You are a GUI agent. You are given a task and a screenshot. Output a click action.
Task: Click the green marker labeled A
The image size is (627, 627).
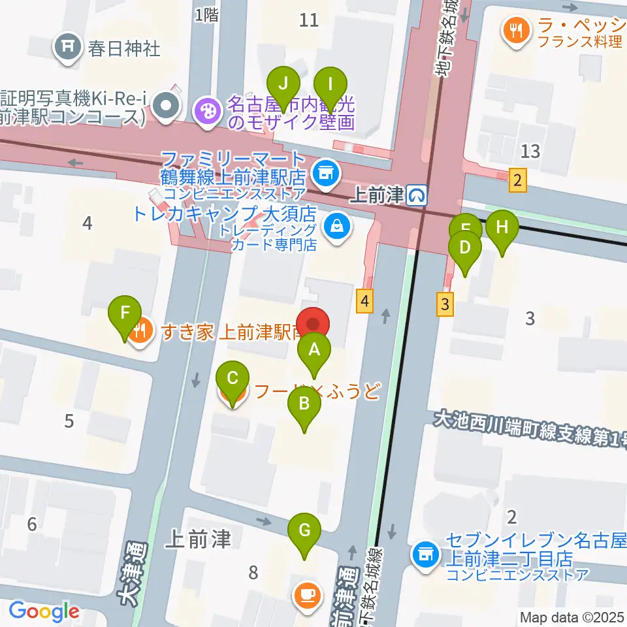click(x=314, y=350)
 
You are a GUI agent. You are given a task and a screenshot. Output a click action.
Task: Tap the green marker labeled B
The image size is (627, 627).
click(x=304, y=404)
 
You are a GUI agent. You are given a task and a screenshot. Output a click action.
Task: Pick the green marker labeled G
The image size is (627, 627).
click(x=304, y=531)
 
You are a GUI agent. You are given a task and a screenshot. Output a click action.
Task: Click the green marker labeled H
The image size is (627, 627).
click(x=502, y=228)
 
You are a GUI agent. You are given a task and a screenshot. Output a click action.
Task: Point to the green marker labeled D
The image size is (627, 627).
click(x=465, y=249)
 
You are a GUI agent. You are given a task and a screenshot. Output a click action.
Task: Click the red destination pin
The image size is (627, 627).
click(x=313, y=325)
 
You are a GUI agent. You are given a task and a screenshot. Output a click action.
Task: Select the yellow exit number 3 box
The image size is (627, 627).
click(x=445, y=304)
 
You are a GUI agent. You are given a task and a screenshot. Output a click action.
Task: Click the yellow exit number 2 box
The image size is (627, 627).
click(x=518, y=180)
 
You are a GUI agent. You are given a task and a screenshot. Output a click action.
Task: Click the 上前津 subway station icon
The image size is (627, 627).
click(x=417, y=194)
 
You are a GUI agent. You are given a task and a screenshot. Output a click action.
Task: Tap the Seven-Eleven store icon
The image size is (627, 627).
click(x=425, y=553)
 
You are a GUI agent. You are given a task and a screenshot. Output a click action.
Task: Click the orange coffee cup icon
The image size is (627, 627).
click(x=306, y=595)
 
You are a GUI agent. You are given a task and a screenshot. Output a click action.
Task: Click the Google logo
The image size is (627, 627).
click(x=44, y=612)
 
